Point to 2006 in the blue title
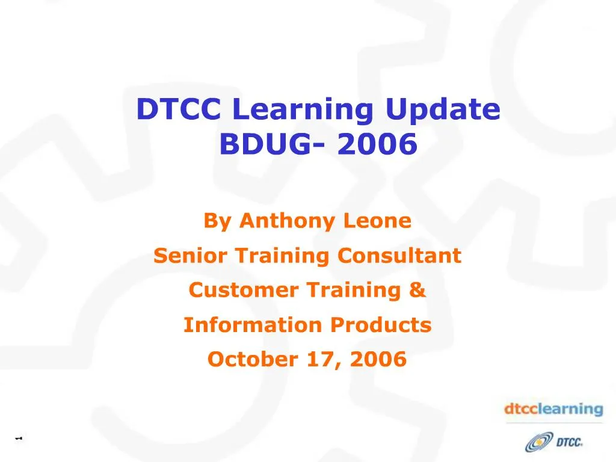click(x=377, y=144)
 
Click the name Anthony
click(x=288, y=221)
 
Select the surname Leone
click(x=377, y=221)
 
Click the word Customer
click(x=243, y=291)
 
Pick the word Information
click(x=253, y=325)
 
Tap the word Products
click(x=380, y=325)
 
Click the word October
click(x=245, y=360)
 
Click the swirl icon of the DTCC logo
click(x=537, y=443)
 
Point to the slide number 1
click(x=19, y=438)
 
